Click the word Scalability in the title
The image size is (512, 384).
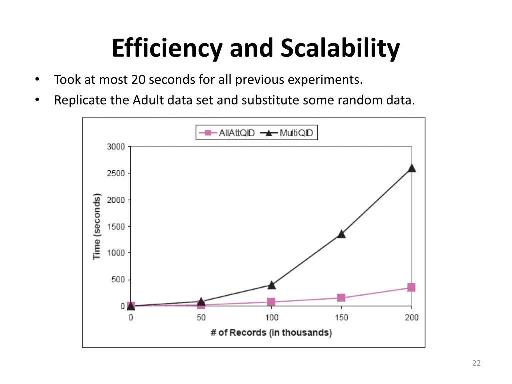[340, 49]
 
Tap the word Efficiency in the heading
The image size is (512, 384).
[168, 49]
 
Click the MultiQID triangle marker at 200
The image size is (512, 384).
[412, 168]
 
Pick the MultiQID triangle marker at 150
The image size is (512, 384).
[341, 234]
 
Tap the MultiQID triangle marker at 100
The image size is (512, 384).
[271, 285]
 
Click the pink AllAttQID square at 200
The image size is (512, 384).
[411, 287]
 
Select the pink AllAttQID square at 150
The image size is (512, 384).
[341, 298]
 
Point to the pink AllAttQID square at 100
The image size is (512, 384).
[271, 302]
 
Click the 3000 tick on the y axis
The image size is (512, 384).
[116, 147]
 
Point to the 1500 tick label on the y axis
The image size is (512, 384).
[116, 226]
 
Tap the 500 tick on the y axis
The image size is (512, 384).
[118, 279]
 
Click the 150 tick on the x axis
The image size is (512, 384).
[341, 318]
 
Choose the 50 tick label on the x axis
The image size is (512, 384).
[201, 318]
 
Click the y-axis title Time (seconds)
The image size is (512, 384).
[97, 226]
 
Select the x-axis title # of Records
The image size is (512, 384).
[271, 332]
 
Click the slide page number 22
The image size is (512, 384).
[476, 363]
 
